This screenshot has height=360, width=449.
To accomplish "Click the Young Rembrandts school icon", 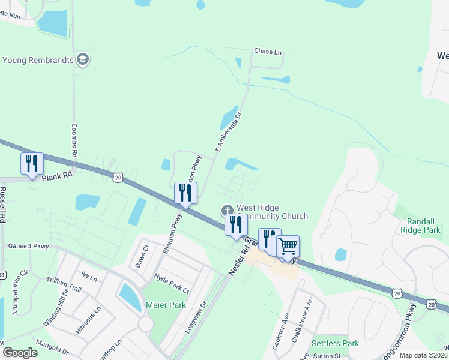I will (x=83, y=59).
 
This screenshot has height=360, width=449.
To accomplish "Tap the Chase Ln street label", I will (x=268, y=52).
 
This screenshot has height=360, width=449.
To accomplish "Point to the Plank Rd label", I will (x=57, y=175).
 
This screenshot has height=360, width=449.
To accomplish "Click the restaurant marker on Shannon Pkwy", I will (x=185, y=193).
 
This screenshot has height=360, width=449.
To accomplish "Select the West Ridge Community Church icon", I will (x=227, y=210).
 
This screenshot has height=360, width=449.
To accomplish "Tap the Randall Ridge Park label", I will (x=420, y=226).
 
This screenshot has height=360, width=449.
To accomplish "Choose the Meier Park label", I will (x=166, y=305).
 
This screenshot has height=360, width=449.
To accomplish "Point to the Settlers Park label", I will (x=335, y=344).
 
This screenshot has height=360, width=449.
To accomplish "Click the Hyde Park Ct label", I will (x=172, y=283).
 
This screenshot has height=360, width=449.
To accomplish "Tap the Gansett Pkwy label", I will (x=28, y=246).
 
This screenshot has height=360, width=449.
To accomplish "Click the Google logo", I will (x=20, y=353).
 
